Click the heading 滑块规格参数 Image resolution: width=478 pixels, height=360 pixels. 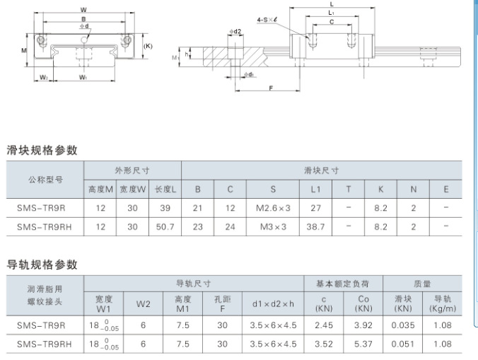click(x=42, y=150)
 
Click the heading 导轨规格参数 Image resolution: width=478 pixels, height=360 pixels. click(x=42, y=265)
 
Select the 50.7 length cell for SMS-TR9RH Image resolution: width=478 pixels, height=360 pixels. click(x=165, y=227)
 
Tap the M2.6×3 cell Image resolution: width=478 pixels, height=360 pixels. click(x=273, y=208)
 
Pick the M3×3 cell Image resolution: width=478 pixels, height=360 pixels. click(x=273, y=227)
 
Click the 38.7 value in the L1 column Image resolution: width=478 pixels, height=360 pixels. click(x=315, y=227)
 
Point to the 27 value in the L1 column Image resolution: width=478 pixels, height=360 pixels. click(x=315, y=208)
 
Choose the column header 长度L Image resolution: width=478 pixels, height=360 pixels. click(x=165, y=190)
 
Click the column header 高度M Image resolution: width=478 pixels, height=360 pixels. click(x=100, y=190)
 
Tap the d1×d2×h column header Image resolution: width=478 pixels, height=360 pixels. click(x=273, y=304)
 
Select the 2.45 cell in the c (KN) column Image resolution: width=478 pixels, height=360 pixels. click(x=324, y=325)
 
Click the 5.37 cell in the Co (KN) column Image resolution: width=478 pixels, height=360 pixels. click(x=363, y=344)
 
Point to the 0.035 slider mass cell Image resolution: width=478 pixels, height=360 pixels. click(x=403, y=325)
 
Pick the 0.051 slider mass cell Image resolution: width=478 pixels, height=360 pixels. click(x=403, y=344)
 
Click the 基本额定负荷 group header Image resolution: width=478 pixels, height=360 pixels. click(x=343, y=284)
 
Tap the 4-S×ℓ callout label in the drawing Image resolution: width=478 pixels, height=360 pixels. click(x=267, y=20)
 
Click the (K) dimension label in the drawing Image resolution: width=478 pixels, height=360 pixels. click(x=148, y=46)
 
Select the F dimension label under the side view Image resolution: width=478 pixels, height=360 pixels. click(x=271, y=88)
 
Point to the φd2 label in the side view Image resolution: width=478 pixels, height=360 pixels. click(x=235, y=31)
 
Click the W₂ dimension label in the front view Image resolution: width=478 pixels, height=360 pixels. click(x=44, y=77)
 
